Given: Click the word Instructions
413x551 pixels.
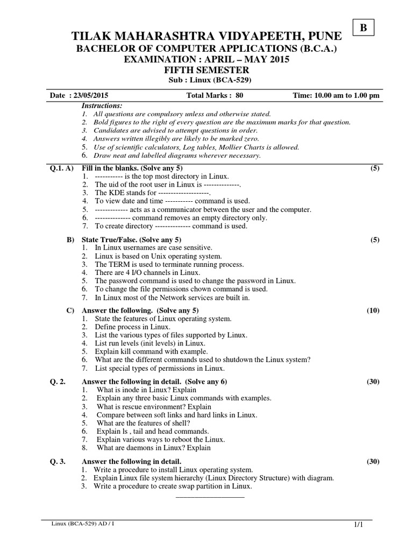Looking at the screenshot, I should pyautogui.click(x=102, y=105).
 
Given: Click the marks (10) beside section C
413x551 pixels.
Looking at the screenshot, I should pyautogui.click(x=373, y=310).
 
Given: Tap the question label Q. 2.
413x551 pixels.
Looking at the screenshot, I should pyautogui.click(x=57, y=382).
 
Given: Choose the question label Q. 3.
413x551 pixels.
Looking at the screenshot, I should pyautogui.click(x=57, y=461).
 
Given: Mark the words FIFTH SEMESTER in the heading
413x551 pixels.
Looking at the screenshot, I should pyautogui.click(x=206, y=70).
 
